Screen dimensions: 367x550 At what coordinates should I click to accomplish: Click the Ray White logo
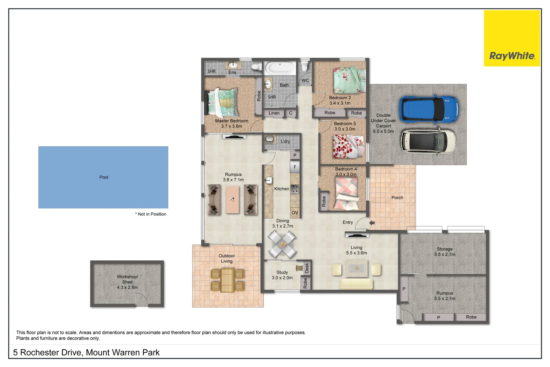pyautogui.click(x=512, y=56)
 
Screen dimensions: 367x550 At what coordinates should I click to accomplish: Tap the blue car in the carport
pyautogui.click(x=428, y=109)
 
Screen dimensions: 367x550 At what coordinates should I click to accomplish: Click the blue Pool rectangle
pyautogui.click(x=103, y=177)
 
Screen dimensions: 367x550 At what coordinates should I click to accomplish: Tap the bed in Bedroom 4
pyautogui.click(x=347, y=193)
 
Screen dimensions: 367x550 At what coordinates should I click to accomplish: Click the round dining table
pyautogui.click(x=282, y=244)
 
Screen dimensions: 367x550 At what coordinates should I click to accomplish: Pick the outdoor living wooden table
pyautogui.click(x=227, y=280)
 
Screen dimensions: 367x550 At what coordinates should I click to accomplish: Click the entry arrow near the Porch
pyautogui.click(x=372, y=223)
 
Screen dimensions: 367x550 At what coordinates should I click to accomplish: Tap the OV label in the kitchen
pyautogui.click(x=295, y=213)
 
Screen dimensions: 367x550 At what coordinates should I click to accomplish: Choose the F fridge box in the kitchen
pyautogui.click(x=295, y=167)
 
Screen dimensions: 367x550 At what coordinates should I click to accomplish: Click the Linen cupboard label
pyautogui.click(x=274, y=113)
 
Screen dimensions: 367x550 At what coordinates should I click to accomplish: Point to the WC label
pyautogui.click(x=305, y=81)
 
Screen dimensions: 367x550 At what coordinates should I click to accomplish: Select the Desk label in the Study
pyautogui.click(x=307, y=268)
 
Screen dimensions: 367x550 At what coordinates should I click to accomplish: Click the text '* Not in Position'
pyautogui.click(x=151, y=214)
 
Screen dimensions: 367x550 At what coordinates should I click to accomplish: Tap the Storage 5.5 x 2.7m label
pyautogui.click(x=444, y=252)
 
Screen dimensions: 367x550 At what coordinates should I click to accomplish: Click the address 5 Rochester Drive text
pyautogui.click(x=86, y=352)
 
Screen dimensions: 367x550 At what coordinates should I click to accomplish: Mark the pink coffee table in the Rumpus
pyautogui.click(x=233, y=199)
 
